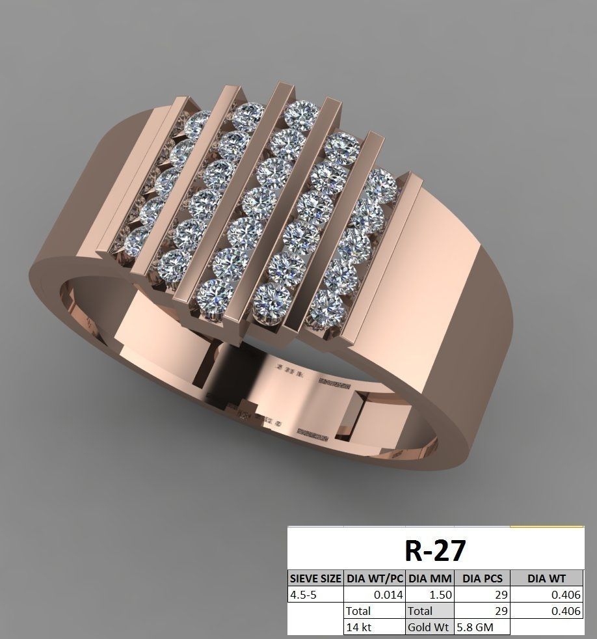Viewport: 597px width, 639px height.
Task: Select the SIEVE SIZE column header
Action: pyautogui.click(x=315, y=578)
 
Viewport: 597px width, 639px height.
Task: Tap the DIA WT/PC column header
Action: pyautogui.click(x=375, y=578)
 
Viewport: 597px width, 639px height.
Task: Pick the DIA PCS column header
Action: pyautogui.click(x=482, y=578)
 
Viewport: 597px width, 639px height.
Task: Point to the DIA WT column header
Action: pyautogui.click(x=546, y=578)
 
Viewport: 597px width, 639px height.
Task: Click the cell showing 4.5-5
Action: pyautogui.click(x=315, y=594)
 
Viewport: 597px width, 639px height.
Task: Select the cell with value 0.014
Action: pyautogui.click(x=375, y=594)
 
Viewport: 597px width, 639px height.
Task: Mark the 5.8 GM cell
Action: pyautogui.click(x=482, y=627)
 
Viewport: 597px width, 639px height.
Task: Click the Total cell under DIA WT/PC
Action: pyautogui.click(x=375, y=611)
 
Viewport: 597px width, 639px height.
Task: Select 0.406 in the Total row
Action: pyautogui.click(x=546, y=611)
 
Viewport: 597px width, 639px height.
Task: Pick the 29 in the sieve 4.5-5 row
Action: pyautogui.click(x=482, y=594)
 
